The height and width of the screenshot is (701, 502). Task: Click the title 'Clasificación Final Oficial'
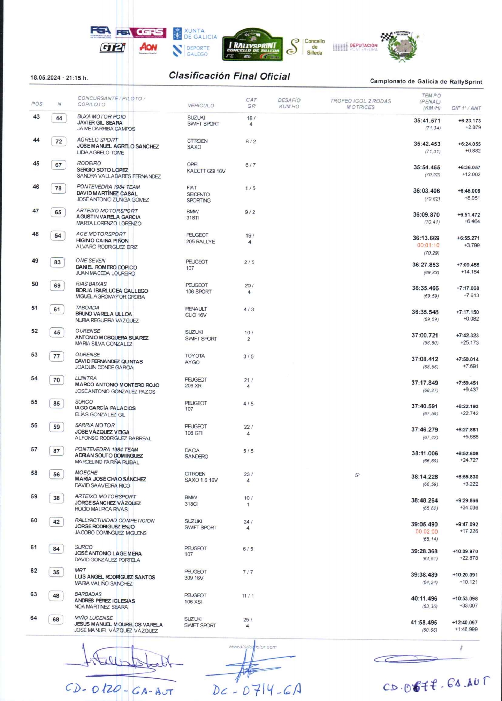(x=229, y=76)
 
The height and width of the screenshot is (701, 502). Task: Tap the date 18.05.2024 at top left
(x=45, y=78)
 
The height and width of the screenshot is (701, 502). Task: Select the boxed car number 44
(x=59, y=118)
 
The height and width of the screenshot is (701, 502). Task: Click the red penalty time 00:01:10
(x=428, y=245)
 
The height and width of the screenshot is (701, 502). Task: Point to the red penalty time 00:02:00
(x=426, y=532)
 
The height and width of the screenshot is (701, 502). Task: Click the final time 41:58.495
(x=424, y=623)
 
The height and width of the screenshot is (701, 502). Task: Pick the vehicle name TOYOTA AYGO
(x=195, y=359)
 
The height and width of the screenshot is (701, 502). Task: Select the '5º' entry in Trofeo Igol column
(x=357, y=475)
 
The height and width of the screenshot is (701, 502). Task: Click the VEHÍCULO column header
(x=201, y=105)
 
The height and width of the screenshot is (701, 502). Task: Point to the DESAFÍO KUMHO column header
(x=289, y=103)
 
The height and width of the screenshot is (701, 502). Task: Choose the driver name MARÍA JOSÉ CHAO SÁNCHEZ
(x=111, y=479)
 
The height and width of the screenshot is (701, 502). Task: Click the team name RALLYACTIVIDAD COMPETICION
(x=115, y=521)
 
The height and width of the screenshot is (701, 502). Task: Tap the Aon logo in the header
(x=148, y=47)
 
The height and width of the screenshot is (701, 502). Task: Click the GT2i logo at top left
(x=113, y=47)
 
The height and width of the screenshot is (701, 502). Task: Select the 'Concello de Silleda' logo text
(x=314, y=47)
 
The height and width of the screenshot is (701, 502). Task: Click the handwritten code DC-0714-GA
(x=257, y=689)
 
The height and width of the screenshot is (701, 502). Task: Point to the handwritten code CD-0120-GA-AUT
(x=119, y=689)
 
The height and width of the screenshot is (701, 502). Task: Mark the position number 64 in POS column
(x=33, y=618)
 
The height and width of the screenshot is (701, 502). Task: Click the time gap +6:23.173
(x=469, y=121)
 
